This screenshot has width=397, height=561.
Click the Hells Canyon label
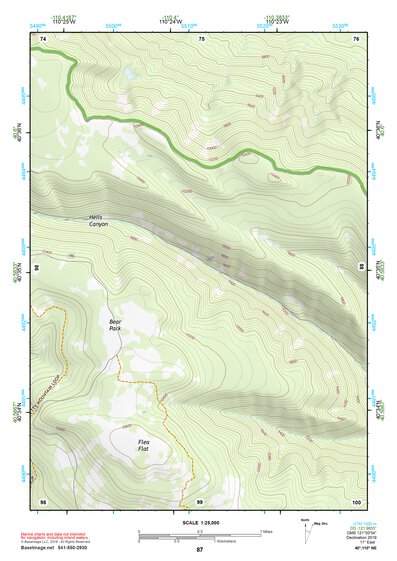[98, 221]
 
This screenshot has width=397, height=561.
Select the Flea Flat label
[145, 443]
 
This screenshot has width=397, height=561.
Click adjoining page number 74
[43, 38]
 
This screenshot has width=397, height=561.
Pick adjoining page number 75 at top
[202, 38]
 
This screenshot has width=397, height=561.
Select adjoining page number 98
[43, 500]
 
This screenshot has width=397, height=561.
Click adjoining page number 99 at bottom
[200, 500]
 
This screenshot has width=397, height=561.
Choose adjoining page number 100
[356, 500]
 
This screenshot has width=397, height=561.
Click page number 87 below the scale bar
[199, 550]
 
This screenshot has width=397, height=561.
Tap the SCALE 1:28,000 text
[198, 522]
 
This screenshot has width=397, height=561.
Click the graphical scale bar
[198, 536]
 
